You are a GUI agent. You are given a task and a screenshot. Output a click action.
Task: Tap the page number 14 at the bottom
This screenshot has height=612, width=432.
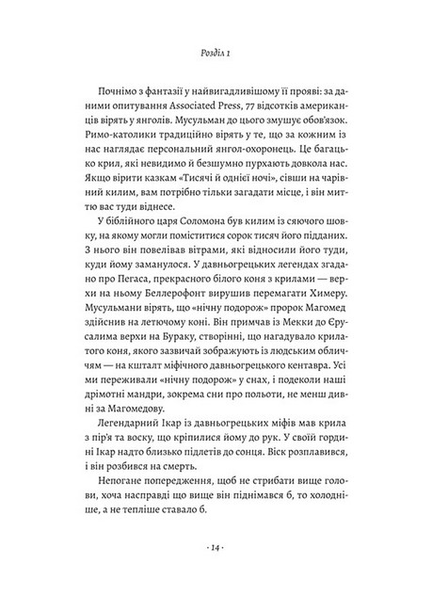(x=216, y=571)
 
